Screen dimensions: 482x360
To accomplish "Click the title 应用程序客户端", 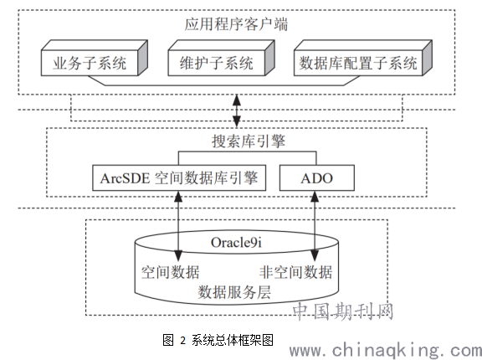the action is point(236,24).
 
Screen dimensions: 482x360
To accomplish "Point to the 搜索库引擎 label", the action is point(249,141).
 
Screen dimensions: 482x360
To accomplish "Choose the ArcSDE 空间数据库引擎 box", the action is point(179,178).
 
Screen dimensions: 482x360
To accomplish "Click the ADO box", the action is point(317,178).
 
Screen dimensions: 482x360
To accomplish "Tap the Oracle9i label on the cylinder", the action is point(236,243).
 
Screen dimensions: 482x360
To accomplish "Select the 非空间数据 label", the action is point(295,272).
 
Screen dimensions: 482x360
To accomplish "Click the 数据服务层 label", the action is point(234,292).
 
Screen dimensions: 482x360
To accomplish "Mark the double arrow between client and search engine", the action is point(236,111).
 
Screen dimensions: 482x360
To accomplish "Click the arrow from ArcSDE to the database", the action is point(178,226).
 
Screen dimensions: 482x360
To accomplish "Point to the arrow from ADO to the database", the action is point(315,226).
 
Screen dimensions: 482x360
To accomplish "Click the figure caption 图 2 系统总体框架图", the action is point(218,340).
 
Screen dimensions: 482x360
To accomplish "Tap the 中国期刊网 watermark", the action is point(343,311).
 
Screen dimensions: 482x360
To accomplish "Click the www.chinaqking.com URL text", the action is point(386,351).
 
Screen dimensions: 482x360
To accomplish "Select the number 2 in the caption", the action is point(183,341).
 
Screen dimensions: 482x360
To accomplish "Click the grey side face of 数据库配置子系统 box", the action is point(428,58).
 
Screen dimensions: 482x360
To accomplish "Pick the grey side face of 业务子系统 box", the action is point(142,58).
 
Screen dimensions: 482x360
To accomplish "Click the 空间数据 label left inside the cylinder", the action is point(171,272).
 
